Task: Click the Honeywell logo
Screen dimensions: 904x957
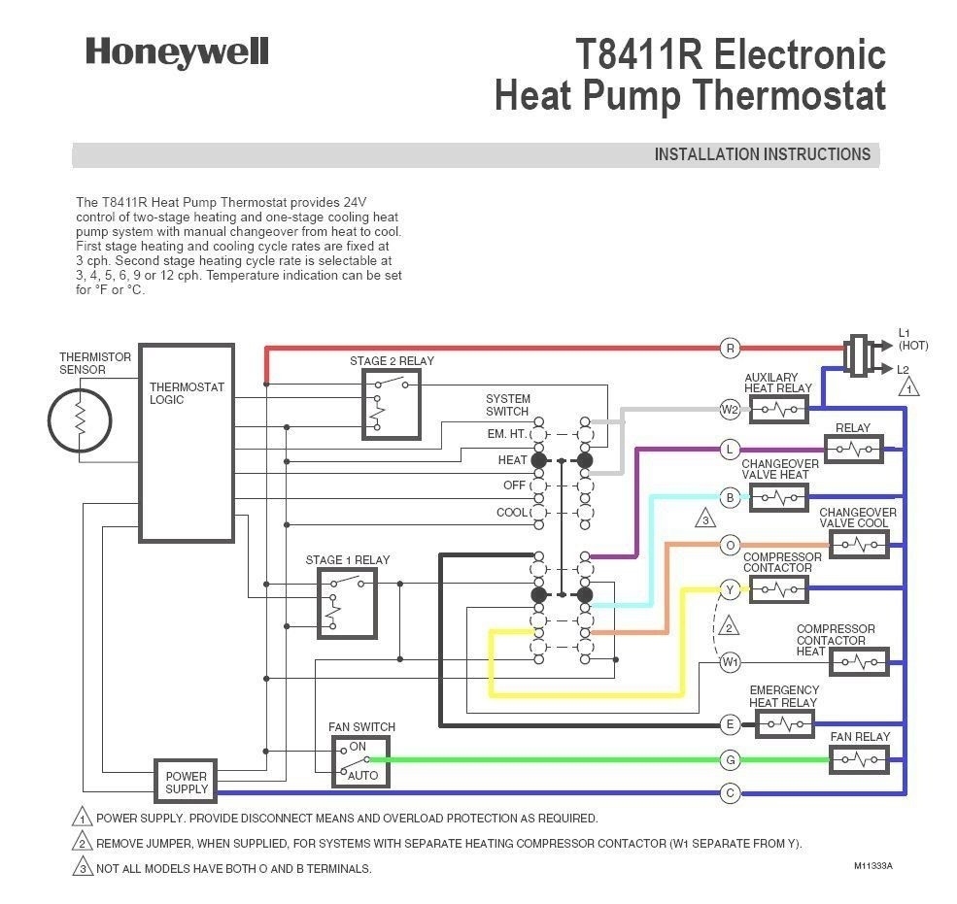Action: pyautogui.click(x=176, y=51)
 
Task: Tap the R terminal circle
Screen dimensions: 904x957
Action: pyautogui.click(x=730, y=348)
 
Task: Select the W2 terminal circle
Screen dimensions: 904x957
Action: pyautogui.click(x=730, y=410)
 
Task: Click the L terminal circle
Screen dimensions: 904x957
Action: pyautogui.click(x=730, y=449)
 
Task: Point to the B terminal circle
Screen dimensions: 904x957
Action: pyautogui.click(x=730, y=498)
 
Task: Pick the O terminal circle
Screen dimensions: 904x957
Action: pyautogui.click(x=730, y=545)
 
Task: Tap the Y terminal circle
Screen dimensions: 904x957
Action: pyautogui.click(x=730, y=589)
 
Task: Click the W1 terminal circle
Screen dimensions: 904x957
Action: pyautogui.click(x=730, y=663)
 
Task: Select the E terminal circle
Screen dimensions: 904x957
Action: pyautogui.click(x=730, y=723)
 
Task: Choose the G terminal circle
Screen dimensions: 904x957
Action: pyautogui.click(x=730, y=759)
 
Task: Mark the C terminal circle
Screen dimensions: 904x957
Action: pyautogui.click(x=730, y=792)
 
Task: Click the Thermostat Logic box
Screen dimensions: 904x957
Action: pyautogui.click(x=187, y=442)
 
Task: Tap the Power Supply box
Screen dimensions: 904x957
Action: pyautogui.click(x=186, y=781)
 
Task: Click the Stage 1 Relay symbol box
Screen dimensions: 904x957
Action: pyautogui.click(x=347, y=603)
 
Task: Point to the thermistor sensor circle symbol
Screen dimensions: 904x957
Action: pyautogui.click(x=81, y=419)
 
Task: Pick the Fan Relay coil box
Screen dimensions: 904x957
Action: pyautogui.click(x=859, y=759)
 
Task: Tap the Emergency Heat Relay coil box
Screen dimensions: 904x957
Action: pyautogui.click(x=784, y=723)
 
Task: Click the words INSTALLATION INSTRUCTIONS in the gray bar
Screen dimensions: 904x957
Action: pyautogui.click(x=762, y=154)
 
